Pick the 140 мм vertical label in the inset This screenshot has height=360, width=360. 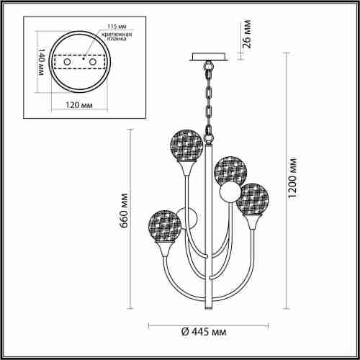tap(42, 63)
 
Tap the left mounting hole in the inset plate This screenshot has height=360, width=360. tap(68, 63)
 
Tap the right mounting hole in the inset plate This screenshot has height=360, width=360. tap(91, 63)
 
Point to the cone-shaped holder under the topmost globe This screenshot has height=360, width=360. tap(186, 169)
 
